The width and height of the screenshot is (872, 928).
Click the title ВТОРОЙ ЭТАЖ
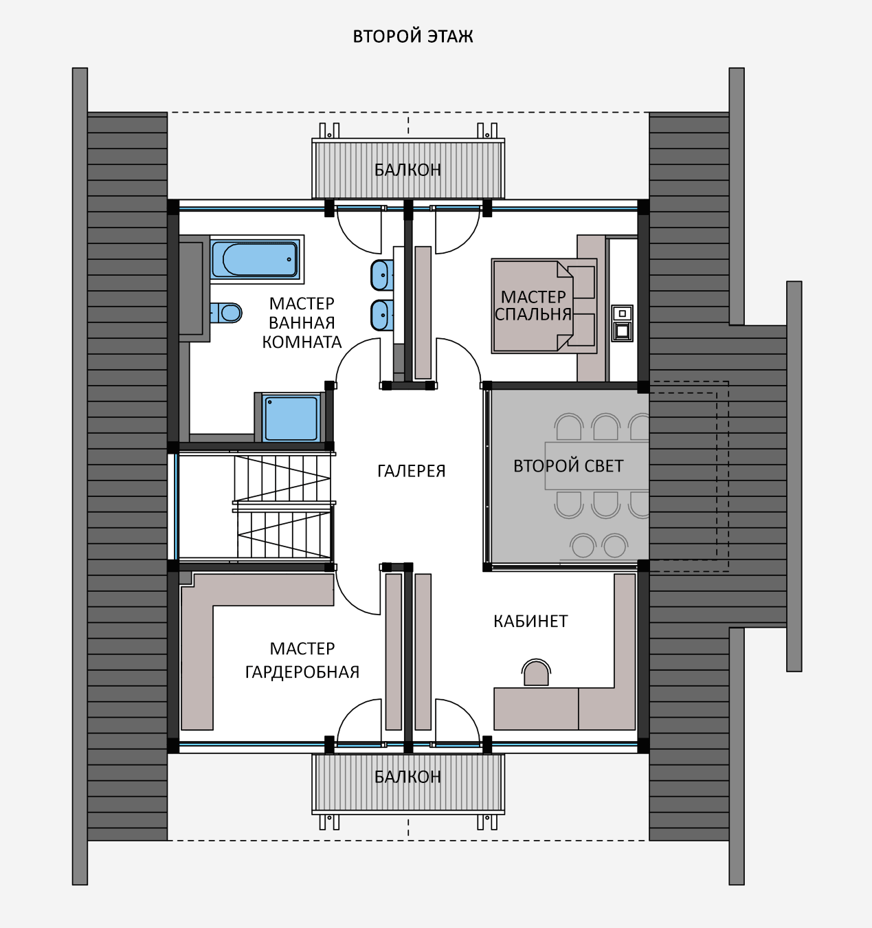click(x=412, y=36)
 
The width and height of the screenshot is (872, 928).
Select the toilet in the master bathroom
click(x=226, y=313)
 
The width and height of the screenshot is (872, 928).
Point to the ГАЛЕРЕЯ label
click(x=411, y=471)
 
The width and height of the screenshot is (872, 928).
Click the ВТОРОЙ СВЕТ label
click(x=568, y=466)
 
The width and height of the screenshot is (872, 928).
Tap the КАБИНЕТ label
click(x=530, y=621)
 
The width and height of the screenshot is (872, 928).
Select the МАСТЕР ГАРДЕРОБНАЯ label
click(x=302, y=660)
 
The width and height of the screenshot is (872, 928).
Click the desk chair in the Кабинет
click(x=536, y=672)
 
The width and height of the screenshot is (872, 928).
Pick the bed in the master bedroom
click(x=544, y=306)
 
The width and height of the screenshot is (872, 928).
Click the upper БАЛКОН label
click(x=407, y=170)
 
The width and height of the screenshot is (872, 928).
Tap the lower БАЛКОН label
click(x=407, y=776)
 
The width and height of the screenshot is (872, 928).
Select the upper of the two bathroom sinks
click(x=382, y=275)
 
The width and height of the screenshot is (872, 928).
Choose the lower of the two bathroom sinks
click(x=382, y=316)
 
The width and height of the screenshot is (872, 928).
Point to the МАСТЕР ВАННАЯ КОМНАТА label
click(x=302, y=323)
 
